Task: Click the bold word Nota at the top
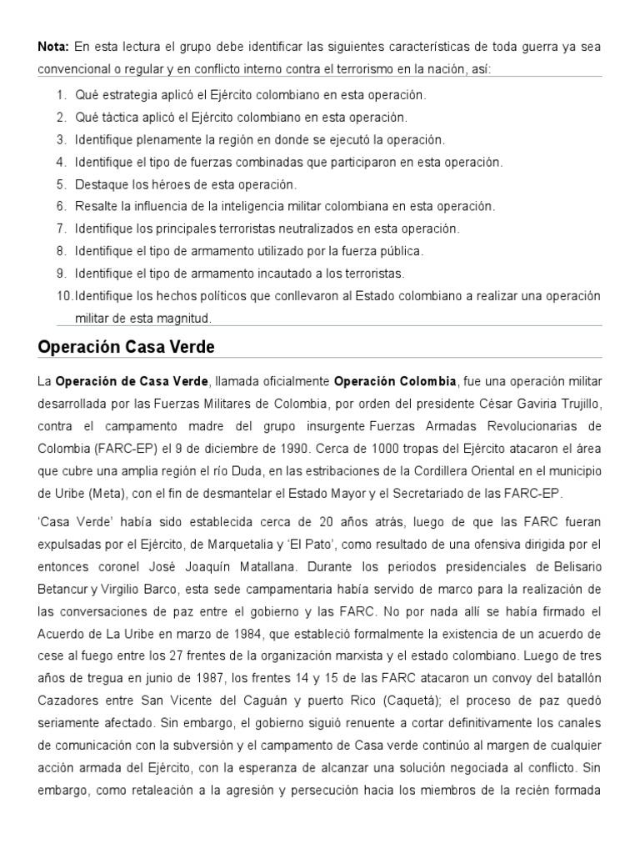click(x=53, y=46)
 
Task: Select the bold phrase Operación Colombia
click(x=395, y=381)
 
